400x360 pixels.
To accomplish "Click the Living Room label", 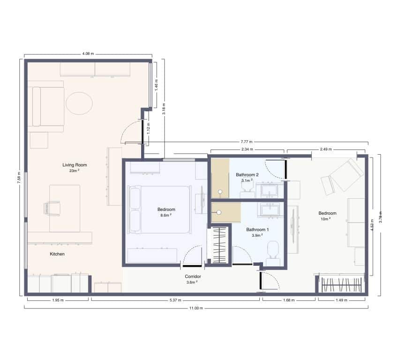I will click(75, 165).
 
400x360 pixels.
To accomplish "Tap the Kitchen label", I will click(57, 254).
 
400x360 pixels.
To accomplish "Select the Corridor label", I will click(193, 277).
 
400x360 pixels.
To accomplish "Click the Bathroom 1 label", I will click(257, 230).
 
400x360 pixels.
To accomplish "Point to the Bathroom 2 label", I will click(247, 174).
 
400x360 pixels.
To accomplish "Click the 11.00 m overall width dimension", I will click(196, 308).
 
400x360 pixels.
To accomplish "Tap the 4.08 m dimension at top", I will click(88, 54).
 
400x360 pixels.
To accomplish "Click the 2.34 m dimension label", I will click(247, 150).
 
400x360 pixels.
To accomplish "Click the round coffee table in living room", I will click(79, 103).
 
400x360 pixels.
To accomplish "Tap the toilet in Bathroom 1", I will click(273, 252).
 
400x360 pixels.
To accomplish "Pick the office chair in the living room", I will click(52, 208).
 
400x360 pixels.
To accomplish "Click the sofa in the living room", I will click(45, 106).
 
